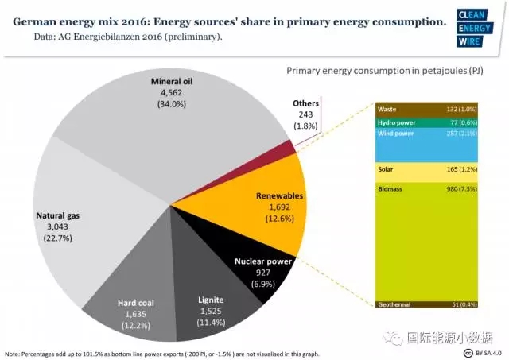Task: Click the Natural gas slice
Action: (72, 223)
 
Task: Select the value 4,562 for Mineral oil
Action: (171, 93)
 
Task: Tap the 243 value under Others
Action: (305, 115)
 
